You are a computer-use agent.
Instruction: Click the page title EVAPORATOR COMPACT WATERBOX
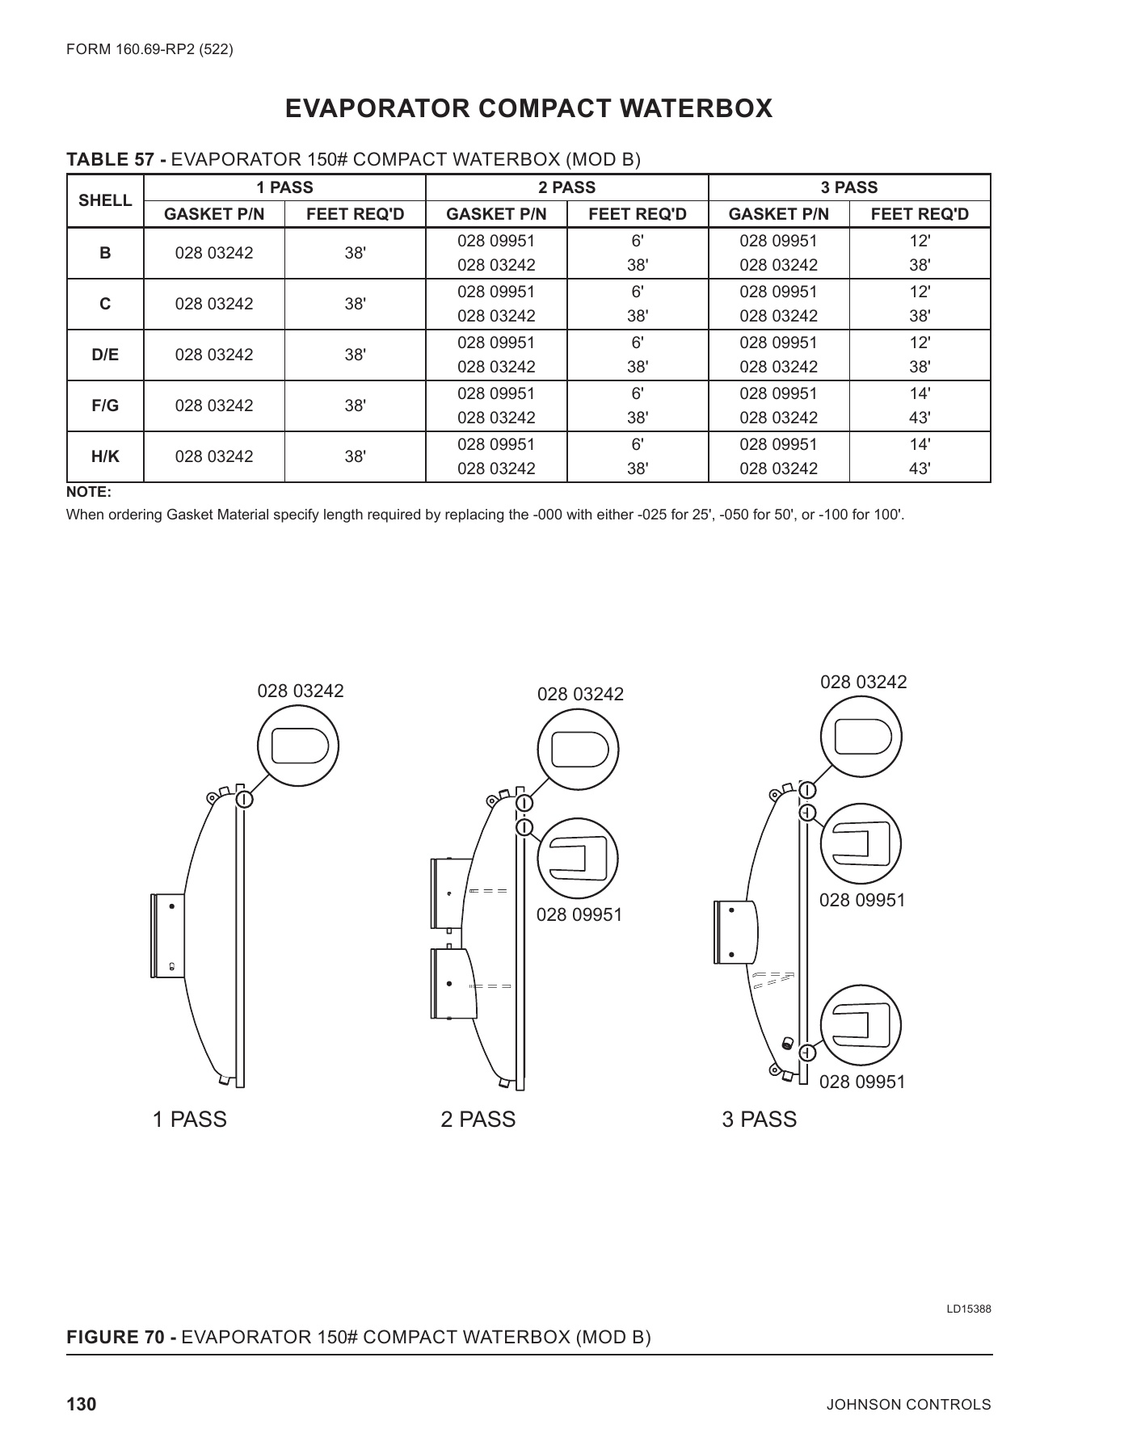coord(528,108)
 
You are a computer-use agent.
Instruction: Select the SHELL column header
coord(105,200)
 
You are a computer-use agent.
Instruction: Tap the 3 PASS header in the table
coord(848,187)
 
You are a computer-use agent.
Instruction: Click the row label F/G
coord(105,406)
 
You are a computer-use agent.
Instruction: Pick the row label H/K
coord(105,456)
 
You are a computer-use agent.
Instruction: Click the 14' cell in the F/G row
coord(920,393)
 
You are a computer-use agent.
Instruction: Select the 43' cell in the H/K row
coord(920,469)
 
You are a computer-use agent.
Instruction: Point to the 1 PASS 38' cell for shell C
coord(355,304)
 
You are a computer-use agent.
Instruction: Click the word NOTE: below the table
coord(88,493)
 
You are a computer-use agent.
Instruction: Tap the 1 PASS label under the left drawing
coord(190,1120)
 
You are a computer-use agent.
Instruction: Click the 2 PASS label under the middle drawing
coord(478,1120)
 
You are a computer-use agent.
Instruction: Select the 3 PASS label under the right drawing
coord(759,1120)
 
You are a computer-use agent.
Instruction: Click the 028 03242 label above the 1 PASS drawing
coord(301,691)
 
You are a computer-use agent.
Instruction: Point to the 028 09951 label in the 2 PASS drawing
coord(579,914)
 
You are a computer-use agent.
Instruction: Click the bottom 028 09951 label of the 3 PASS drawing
coord(862,1082)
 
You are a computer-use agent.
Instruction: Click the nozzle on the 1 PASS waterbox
coord(167,935)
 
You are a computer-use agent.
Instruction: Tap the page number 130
coord(81,1405)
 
